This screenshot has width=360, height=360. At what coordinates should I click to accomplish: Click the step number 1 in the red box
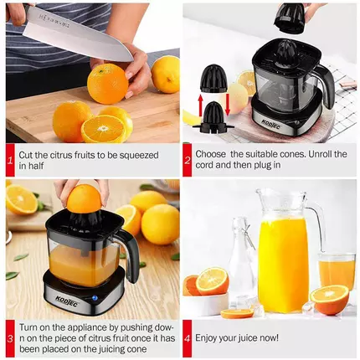pyautogui.click(x=10, y=161)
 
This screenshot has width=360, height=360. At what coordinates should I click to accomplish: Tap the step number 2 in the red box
pyautogui.click(x=188, y=160)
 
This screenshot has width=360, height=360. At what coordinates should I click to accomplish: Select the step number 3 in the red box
pyautogui.click(x=10, y=339)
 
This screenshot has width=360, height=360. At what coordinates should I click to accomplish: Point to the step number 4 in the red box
pyautogui.click(x=188, y=338)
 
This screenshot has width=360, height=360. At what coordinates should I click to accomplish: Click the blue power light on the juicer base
pyautogui.click(x=95, y=298)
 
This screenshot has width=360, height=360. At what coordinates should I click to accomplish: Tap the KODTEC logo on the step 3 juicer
pyautogui.click(x=67, y=301)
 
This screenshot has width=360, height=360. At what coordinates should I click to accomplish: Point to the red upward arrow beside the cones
pyautogui.click(x=200, y=105)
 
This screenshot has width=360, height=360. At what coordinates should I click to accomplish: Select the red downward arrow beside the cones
pyautogui.click(x=228, y=105)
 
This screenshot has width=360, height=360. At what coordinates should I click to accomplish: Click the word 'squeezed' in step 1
pyautogui.click(x=139, y=155)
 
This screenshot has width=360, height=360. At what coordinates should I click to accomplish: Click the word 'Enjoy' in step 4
pyautogui.click(x=206, y=338)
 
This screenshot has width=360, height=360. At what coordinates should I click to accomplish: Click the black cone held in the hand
pyautogui.click(x=290, y=18)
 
